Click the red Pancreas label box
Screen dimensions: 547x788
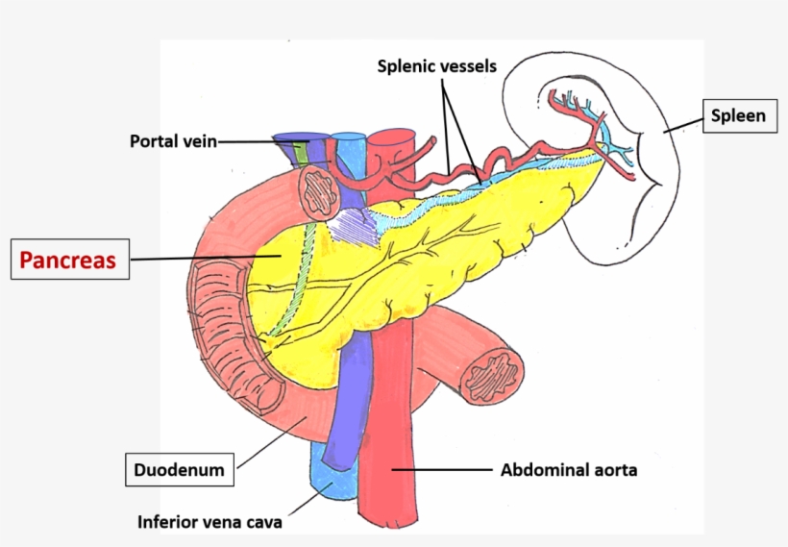click(69, 260)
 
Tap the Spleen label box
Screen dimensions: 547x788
click(738, 116)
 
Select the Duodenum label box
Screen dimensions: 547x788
click(179, 470)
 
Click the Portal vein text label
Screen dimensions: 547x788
click(173, 141)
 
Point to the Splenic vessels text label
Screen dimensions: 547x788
click(436, 66)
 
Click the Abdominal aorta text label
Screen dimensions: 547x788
click(569, 470)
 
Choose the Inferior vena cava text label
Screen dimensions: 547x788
click(209, 523)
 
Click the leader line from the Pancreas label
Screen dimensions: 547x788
click(202, 258)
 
